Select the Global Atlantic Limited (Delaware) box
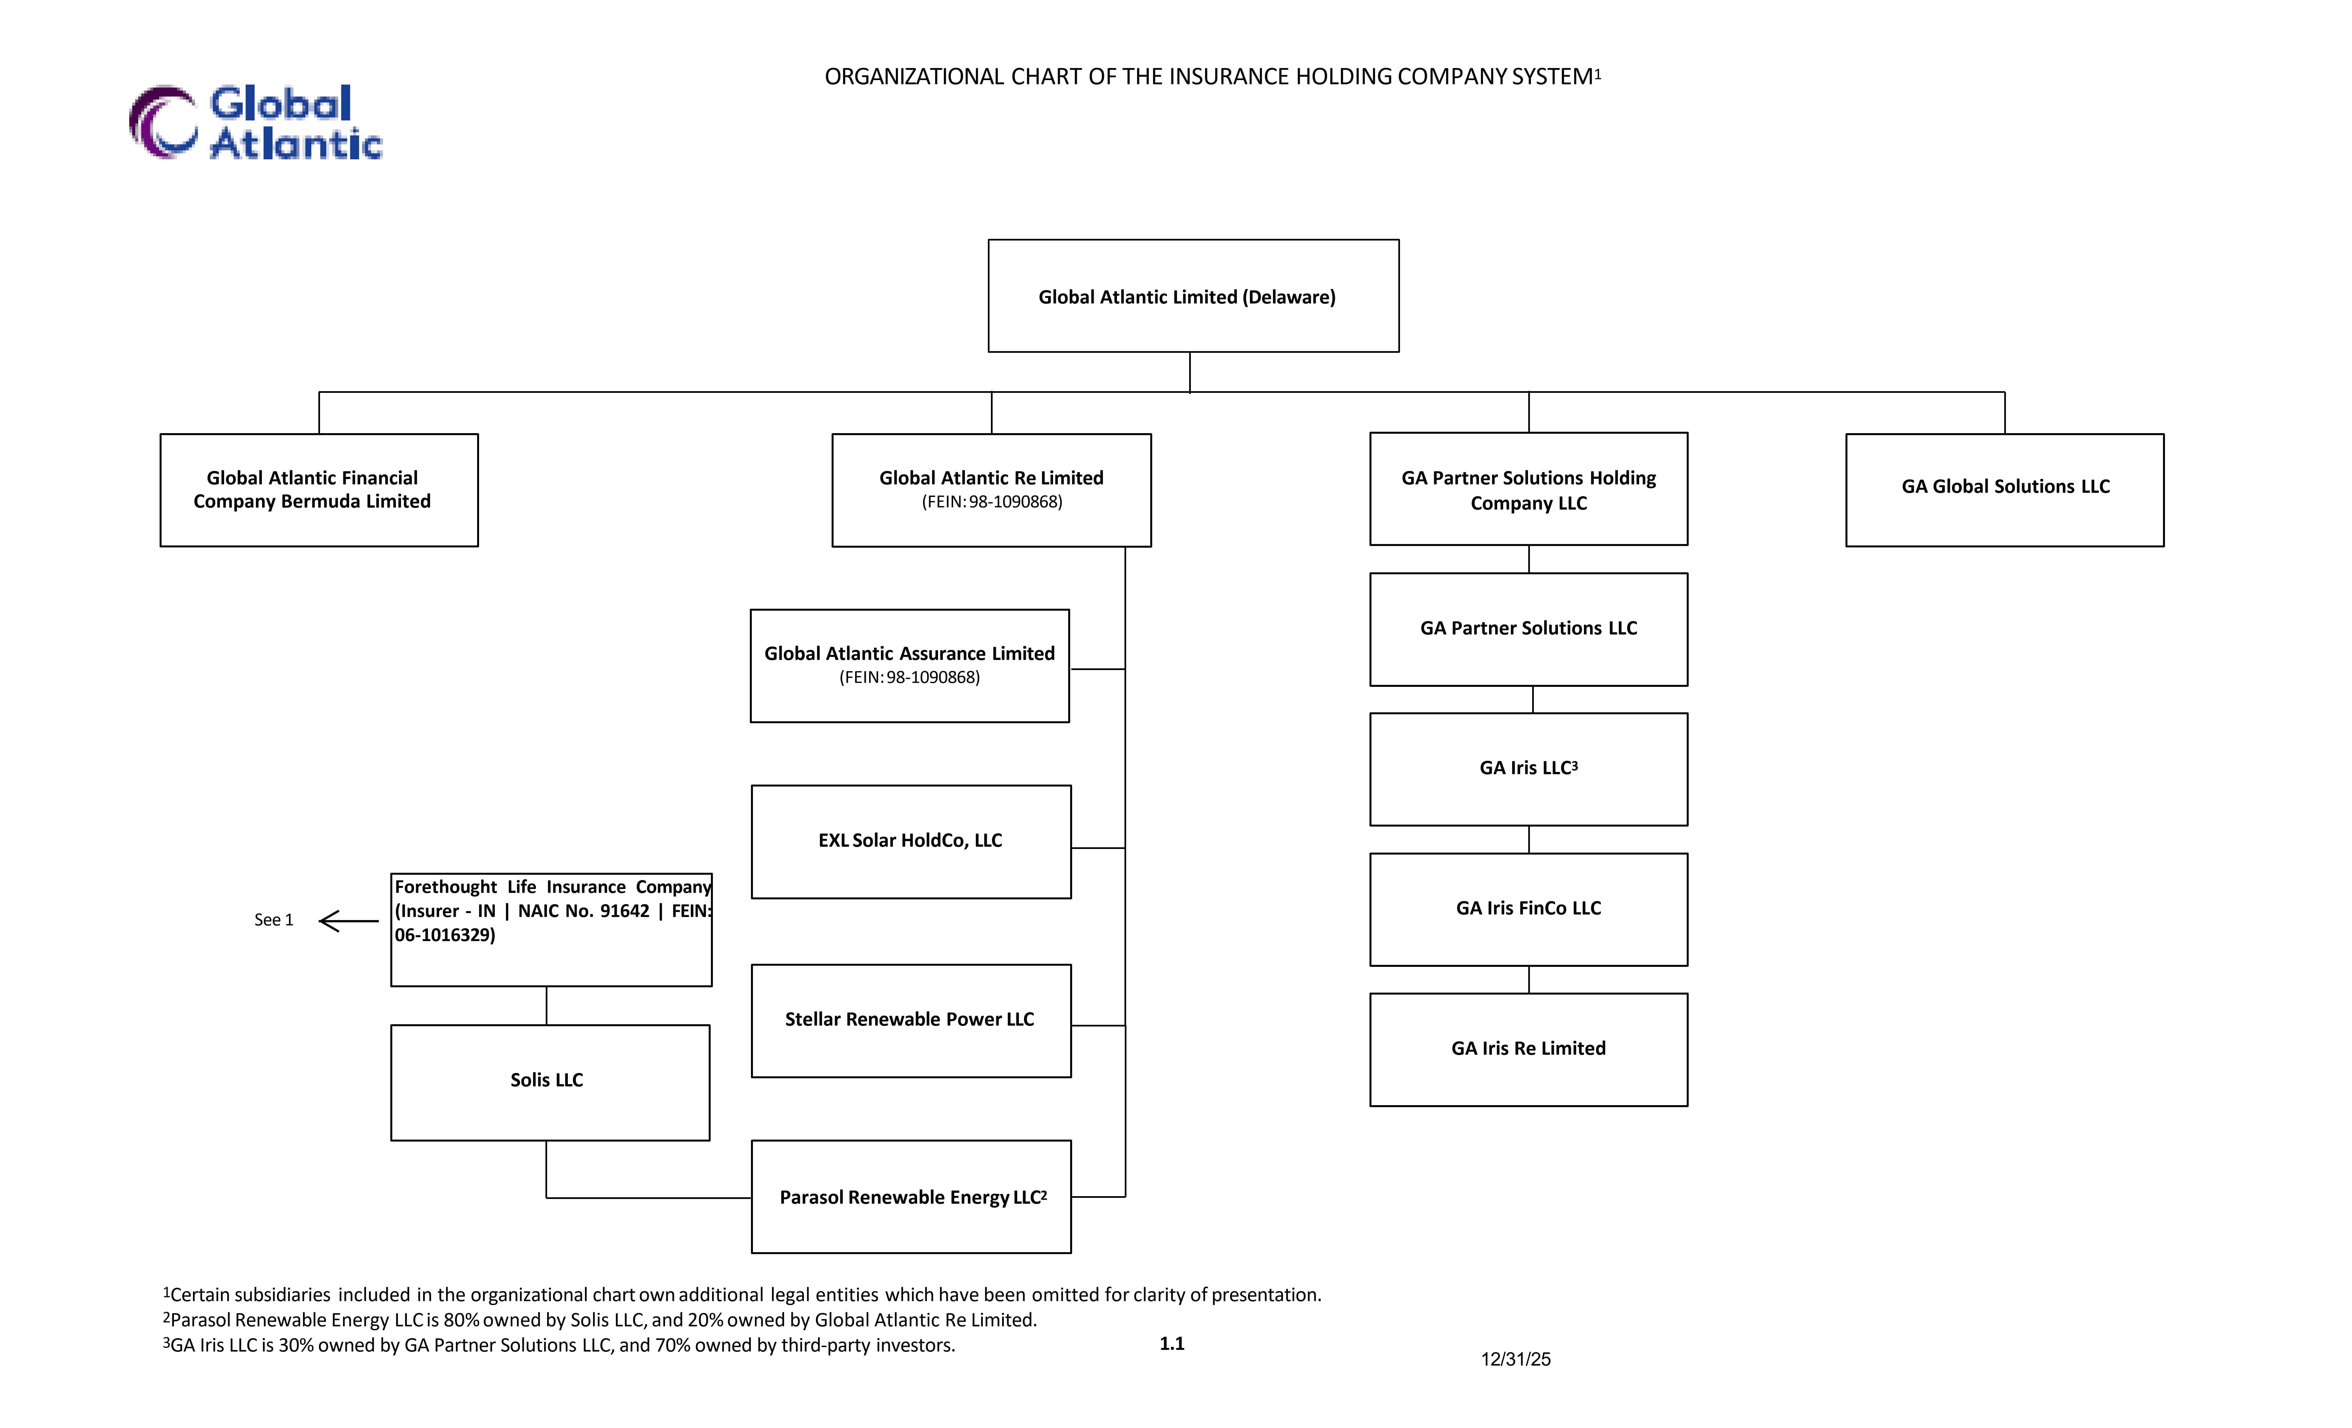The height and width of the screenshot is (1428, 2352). (1193, 296)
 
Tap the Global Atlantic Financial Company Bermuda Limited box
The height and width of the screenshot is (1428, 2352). (319, 490)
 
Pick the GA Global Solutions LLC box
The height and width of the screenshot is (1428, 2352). (2005, 490)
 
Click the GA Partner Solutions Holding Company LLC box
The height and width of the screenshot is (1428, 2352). (1528, 489)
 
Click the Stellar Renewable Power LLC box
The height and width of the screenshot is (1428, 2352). (911, 1020)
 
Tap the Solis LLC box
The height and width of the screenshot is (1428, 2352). (550, 1082)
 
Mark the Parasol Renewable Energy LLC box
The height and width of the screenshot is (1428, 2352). (911, 1196)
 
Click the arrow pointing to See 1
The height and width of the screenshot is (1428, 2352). (348, 920)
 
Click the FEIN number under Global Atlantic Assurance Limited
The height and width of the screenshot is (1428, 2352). (910, 678)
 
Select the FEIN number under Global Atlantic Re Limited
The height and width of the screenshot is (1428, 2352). (992, 502)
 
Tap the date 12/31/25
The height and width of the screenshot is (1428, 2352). (1516, 1359)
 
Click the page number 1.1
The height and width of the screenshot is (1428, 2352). (1172, 1344)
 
